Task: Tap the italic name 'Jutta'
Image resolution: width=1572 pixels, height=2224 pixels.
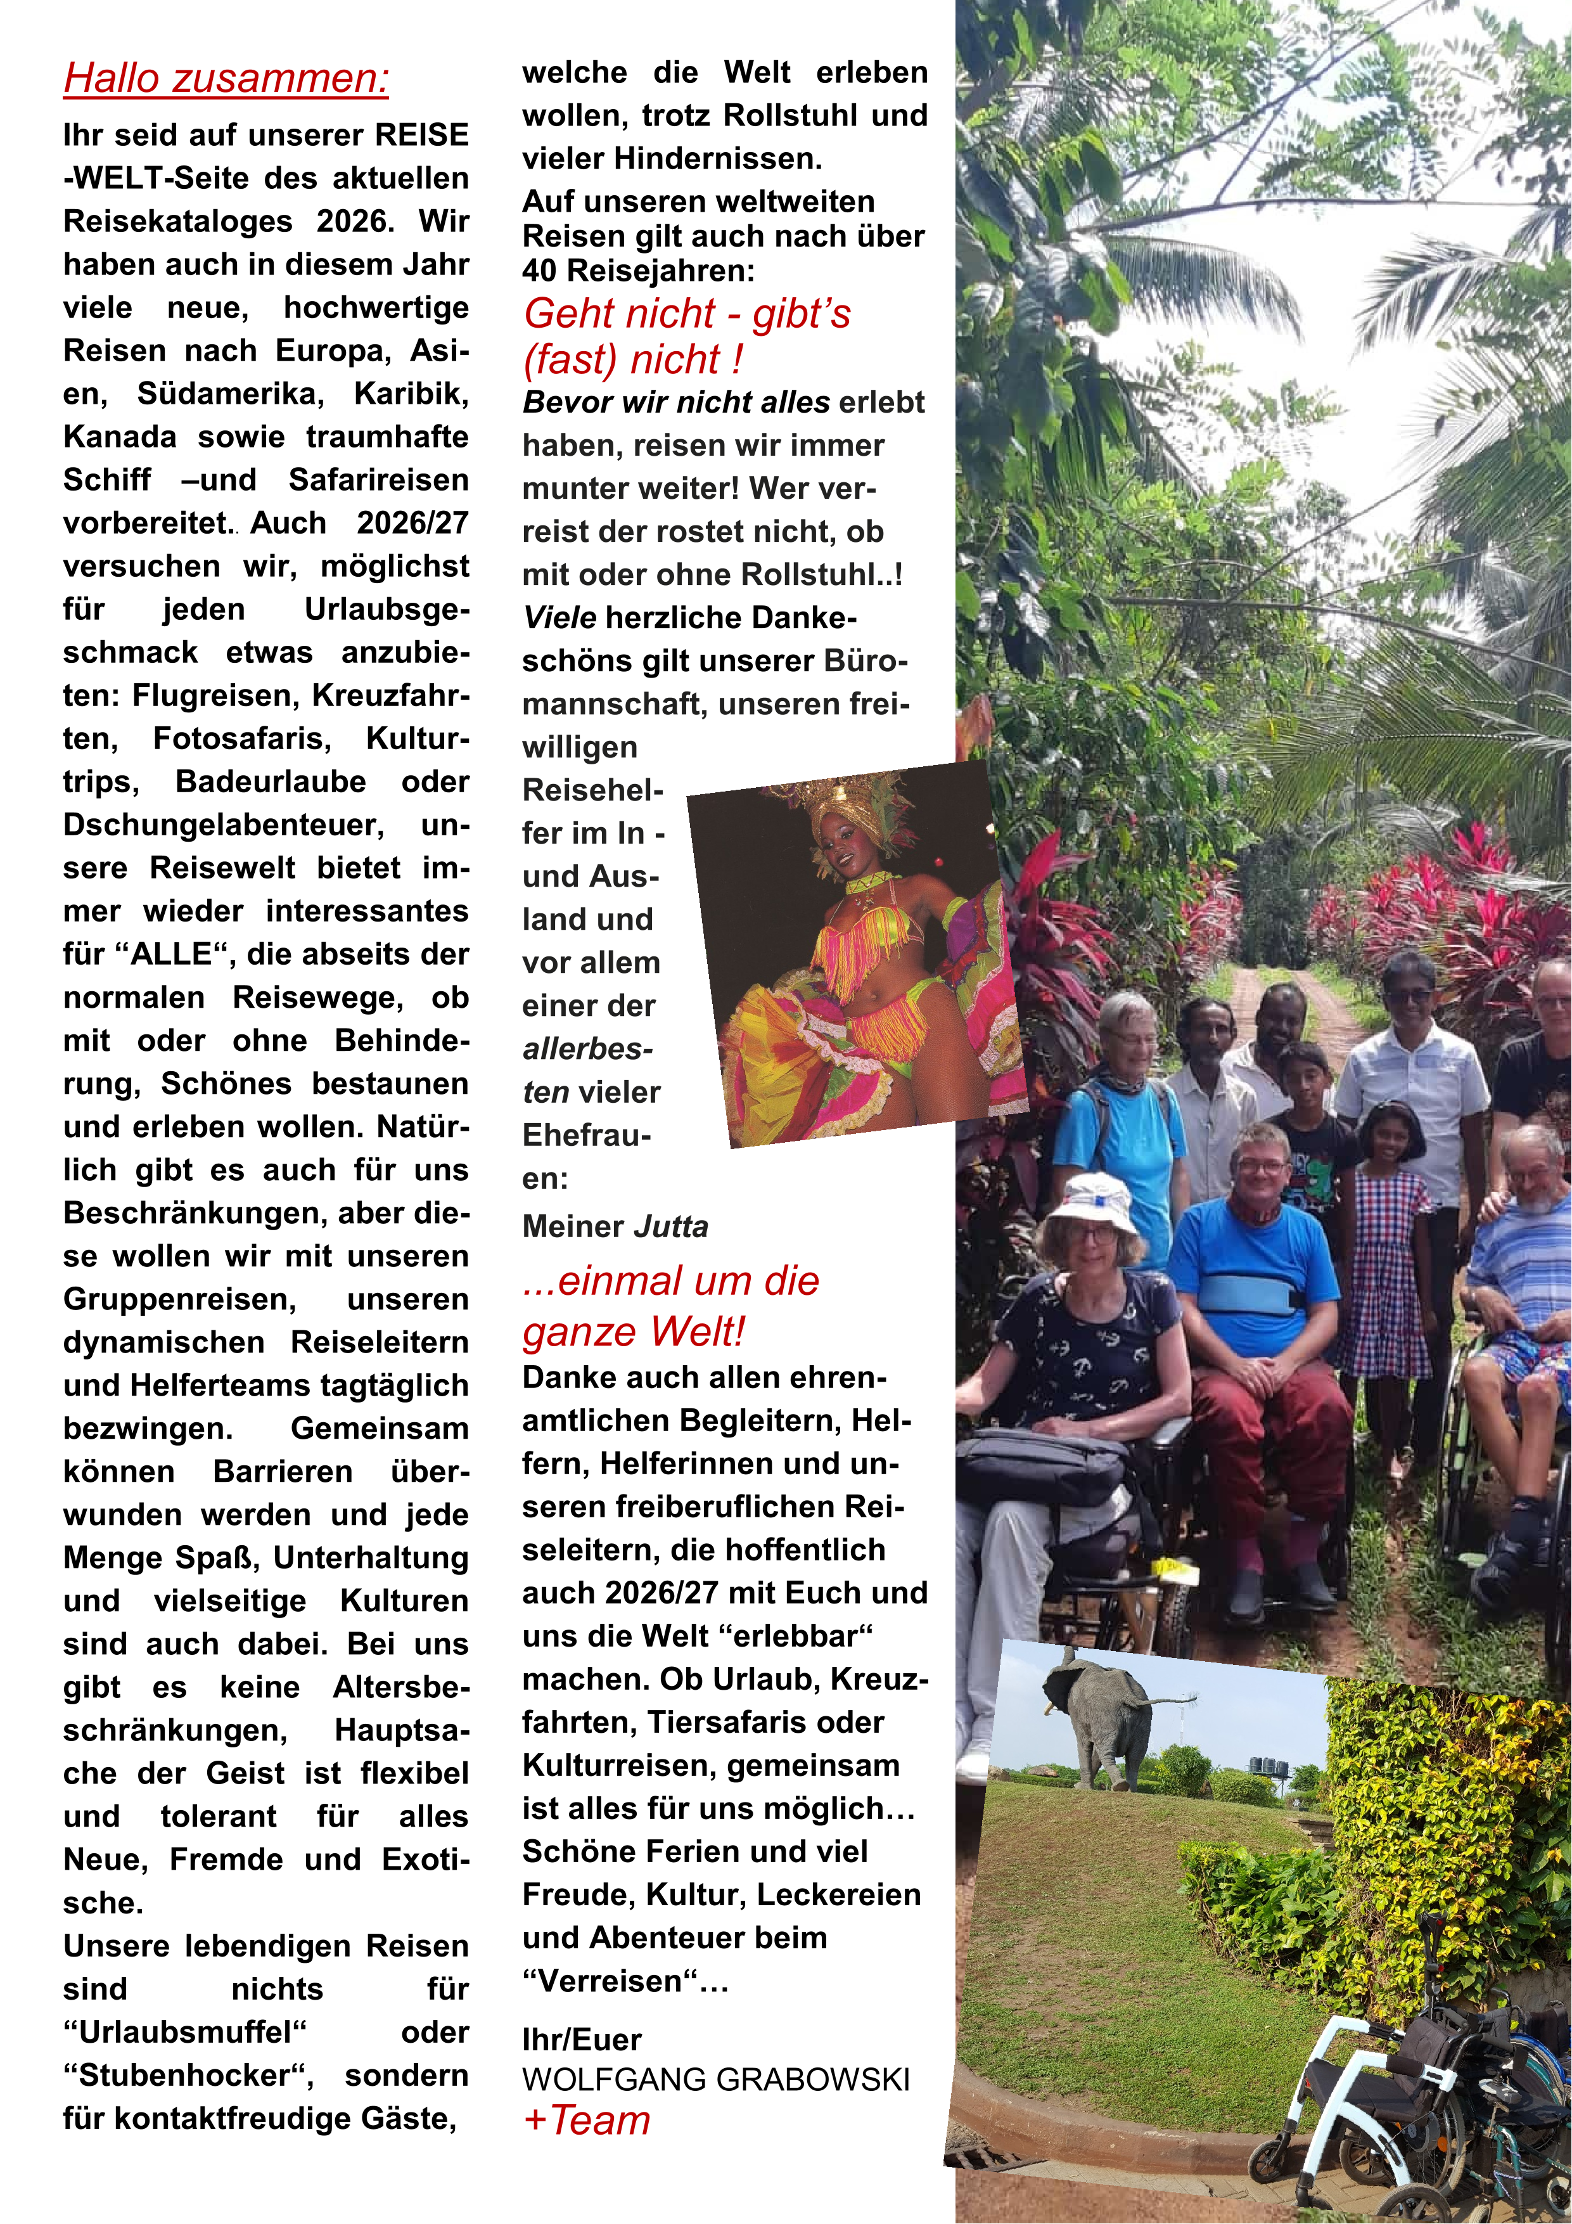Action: tap(670, 1226)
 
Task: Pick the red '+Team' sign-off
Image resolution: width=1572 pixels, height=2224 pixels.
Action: tap(586, 2120)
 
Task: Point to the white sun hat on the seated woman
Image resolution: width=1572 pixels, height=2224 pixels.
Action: tap(1092, 1200)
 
